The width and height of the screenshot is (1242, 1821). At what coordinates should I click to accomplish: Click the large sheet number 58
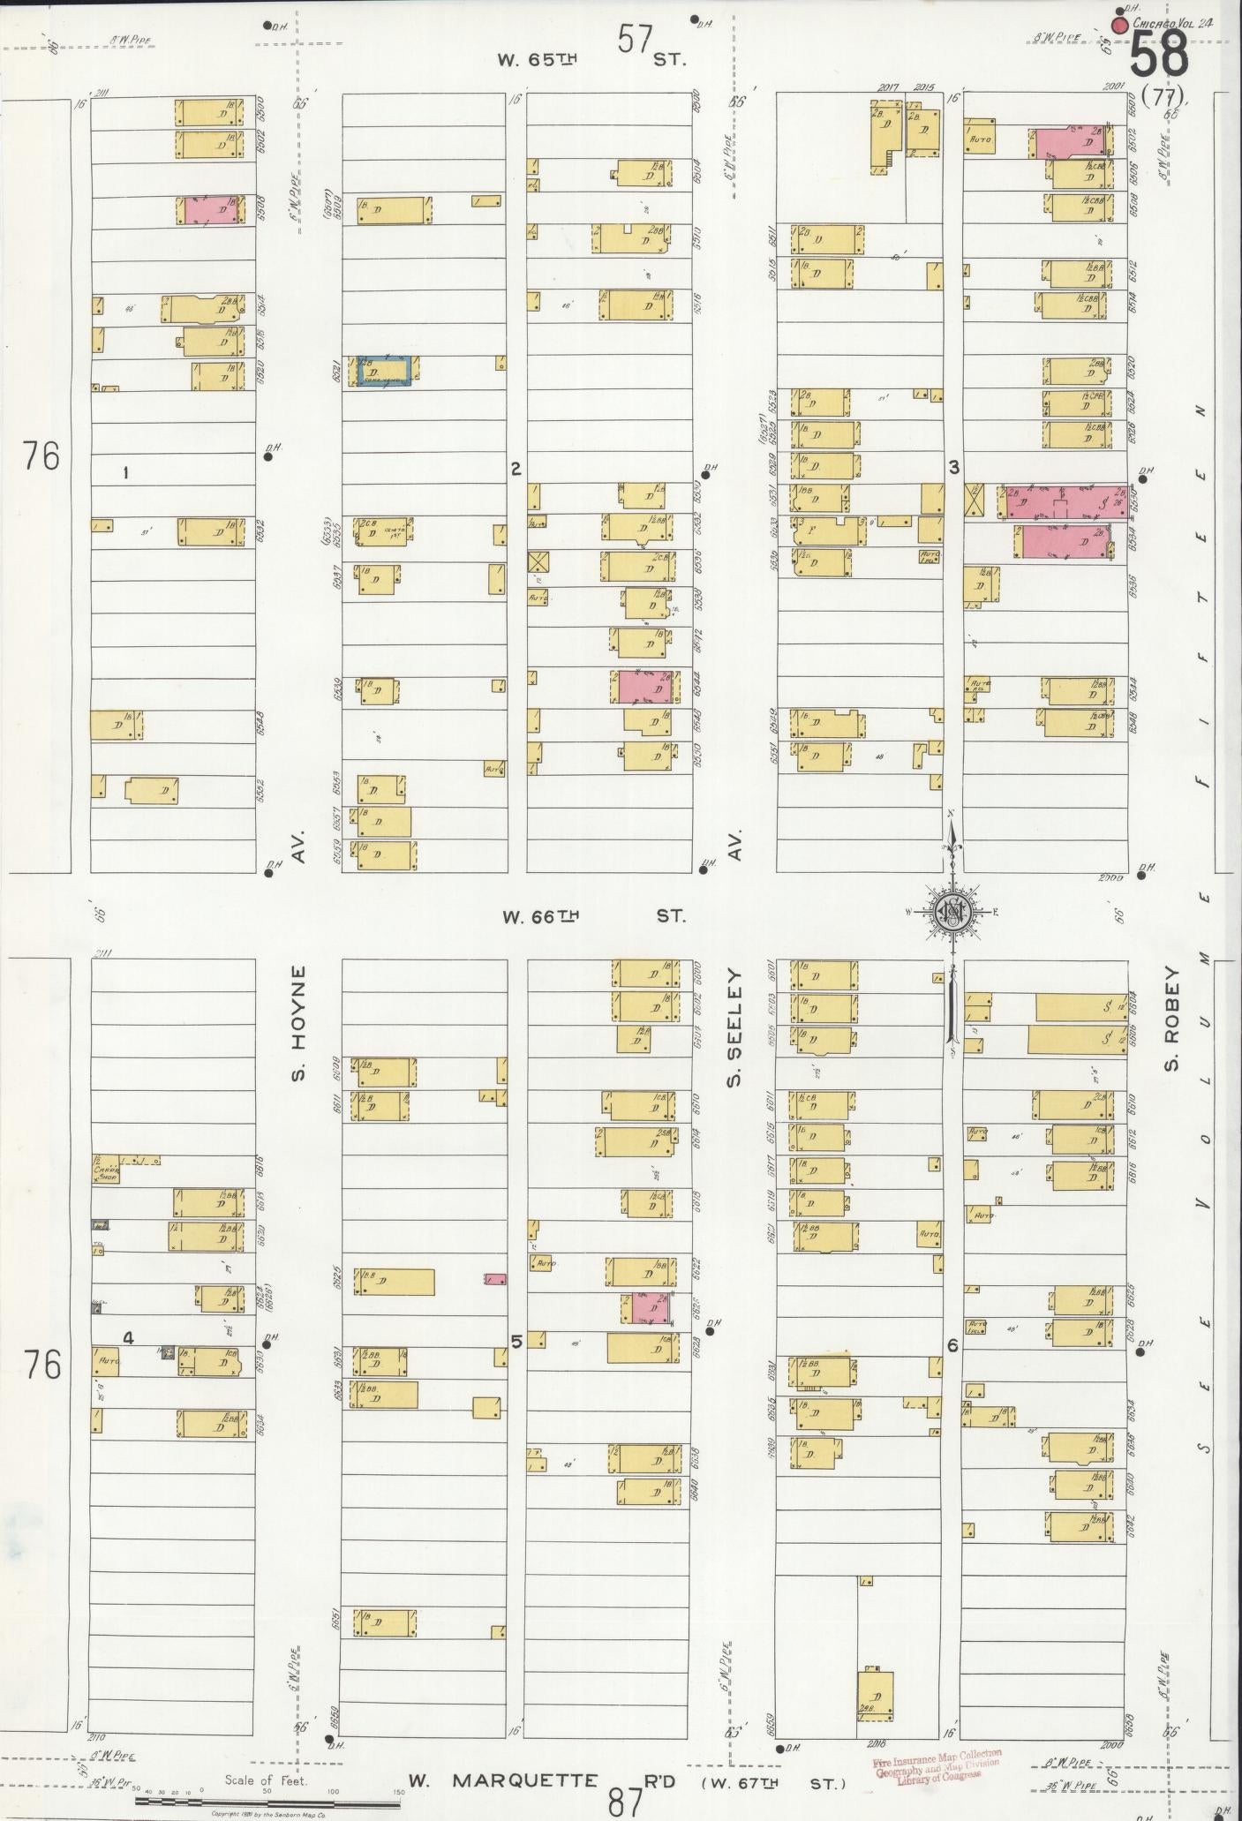1159,58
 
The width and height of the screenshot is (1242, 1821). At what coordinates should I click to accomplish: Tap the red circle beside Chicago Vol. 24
1120,25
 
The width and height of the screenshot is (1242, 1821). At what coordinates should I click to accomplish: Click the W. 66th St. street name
593,916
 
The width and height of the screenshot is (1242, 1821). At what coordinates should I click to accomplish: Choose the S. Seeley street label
734,1027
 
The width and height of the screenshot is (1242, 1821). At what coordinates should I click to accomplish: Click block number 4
128,1337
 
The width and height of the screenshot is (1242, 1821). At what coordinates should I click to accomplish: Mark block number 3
953,468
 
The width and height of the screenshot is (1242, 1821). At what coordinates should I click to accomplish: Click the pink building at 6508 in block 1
208,210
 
